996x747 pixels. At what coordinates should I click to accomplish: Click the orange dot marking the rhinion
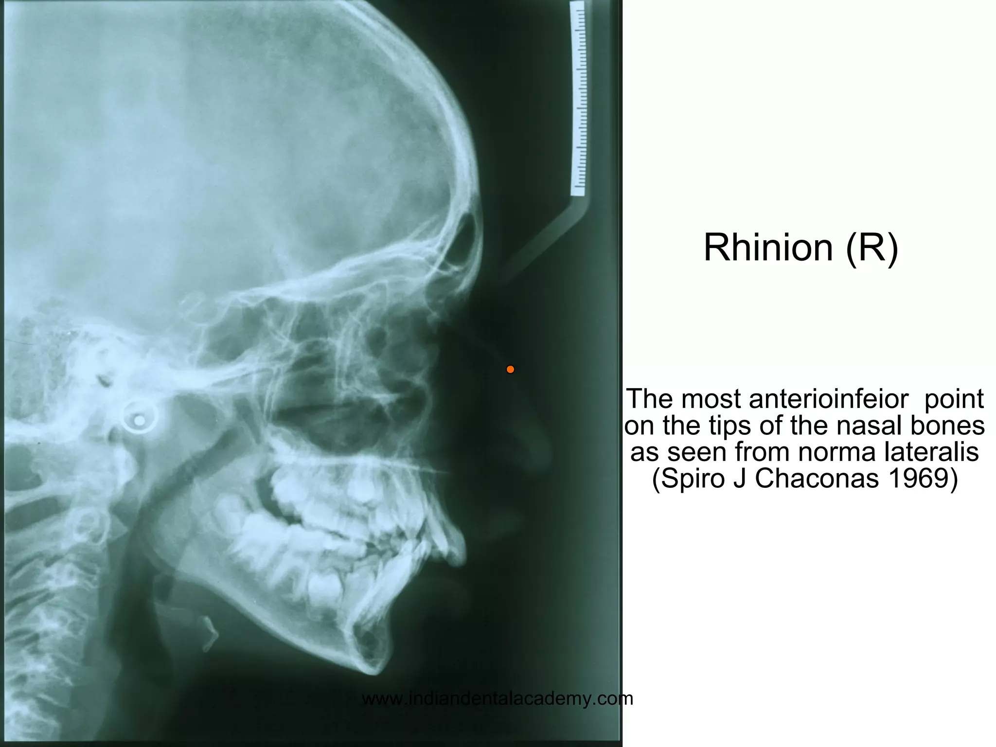[x=510, y=370]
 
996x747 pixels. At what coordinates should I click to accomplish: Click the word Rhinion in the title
[x=768, y=248]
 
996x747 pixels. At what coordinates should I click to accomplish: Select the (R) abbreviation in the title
[x=872, y=249]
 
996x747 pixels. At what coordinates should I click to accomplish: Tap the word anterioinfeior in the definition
[x=828, y=399]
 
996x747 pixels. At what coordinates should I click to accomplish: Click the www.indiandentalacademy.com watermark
[x=498, y=699]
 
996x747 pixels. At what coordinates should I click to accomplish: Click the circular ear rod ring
[x=140, y=419]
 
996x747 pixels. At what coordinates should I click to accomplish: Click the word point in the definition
[x=953, y=399]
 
